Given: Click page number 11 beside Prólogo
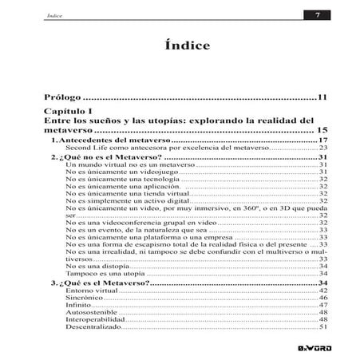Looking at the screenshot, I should [x=323, y=97].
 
